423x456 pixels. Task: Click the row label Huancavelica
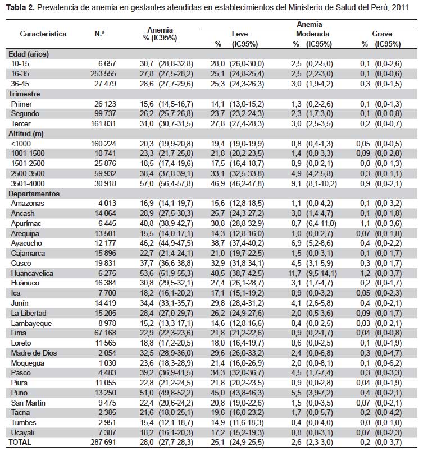tap(32, 273)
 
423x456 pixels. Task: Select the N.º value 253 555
tap(103, 74)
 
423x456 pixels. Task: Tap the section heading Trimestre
tap(24, 94)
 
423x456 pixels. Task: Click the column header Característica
tap(43, 34)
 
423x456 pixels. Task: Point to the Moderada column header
tap(312, 34)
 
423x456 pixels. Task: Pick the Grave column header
tap(382, 34)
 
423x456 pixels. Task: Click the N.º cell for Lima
tap(105, 333)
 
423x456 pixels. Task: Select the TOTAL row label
tap(20, 442)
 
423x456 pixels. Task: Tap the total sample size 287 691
tap(103, 442)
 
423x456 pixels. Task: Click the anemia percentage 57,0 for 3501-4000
tap(147, 184)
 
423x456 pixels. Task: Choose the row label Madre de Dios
tap(34, 353)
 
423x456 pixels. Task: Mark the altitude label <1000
tap(21, 144)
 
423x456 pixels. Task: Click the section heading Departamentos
tap(34, 194)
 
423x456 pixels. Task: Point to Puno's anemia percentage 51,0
tap(147, 393)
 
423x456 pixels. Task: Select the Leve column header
tap(240, 34)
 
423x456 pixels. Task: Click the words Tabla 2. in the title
tap(20, 7)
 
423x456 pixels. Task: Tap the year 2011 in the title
tap(400, 7)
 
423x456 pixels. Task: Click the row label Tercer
tap(21, 123)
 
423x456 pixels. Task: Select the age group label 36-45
tap(20, 84)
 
